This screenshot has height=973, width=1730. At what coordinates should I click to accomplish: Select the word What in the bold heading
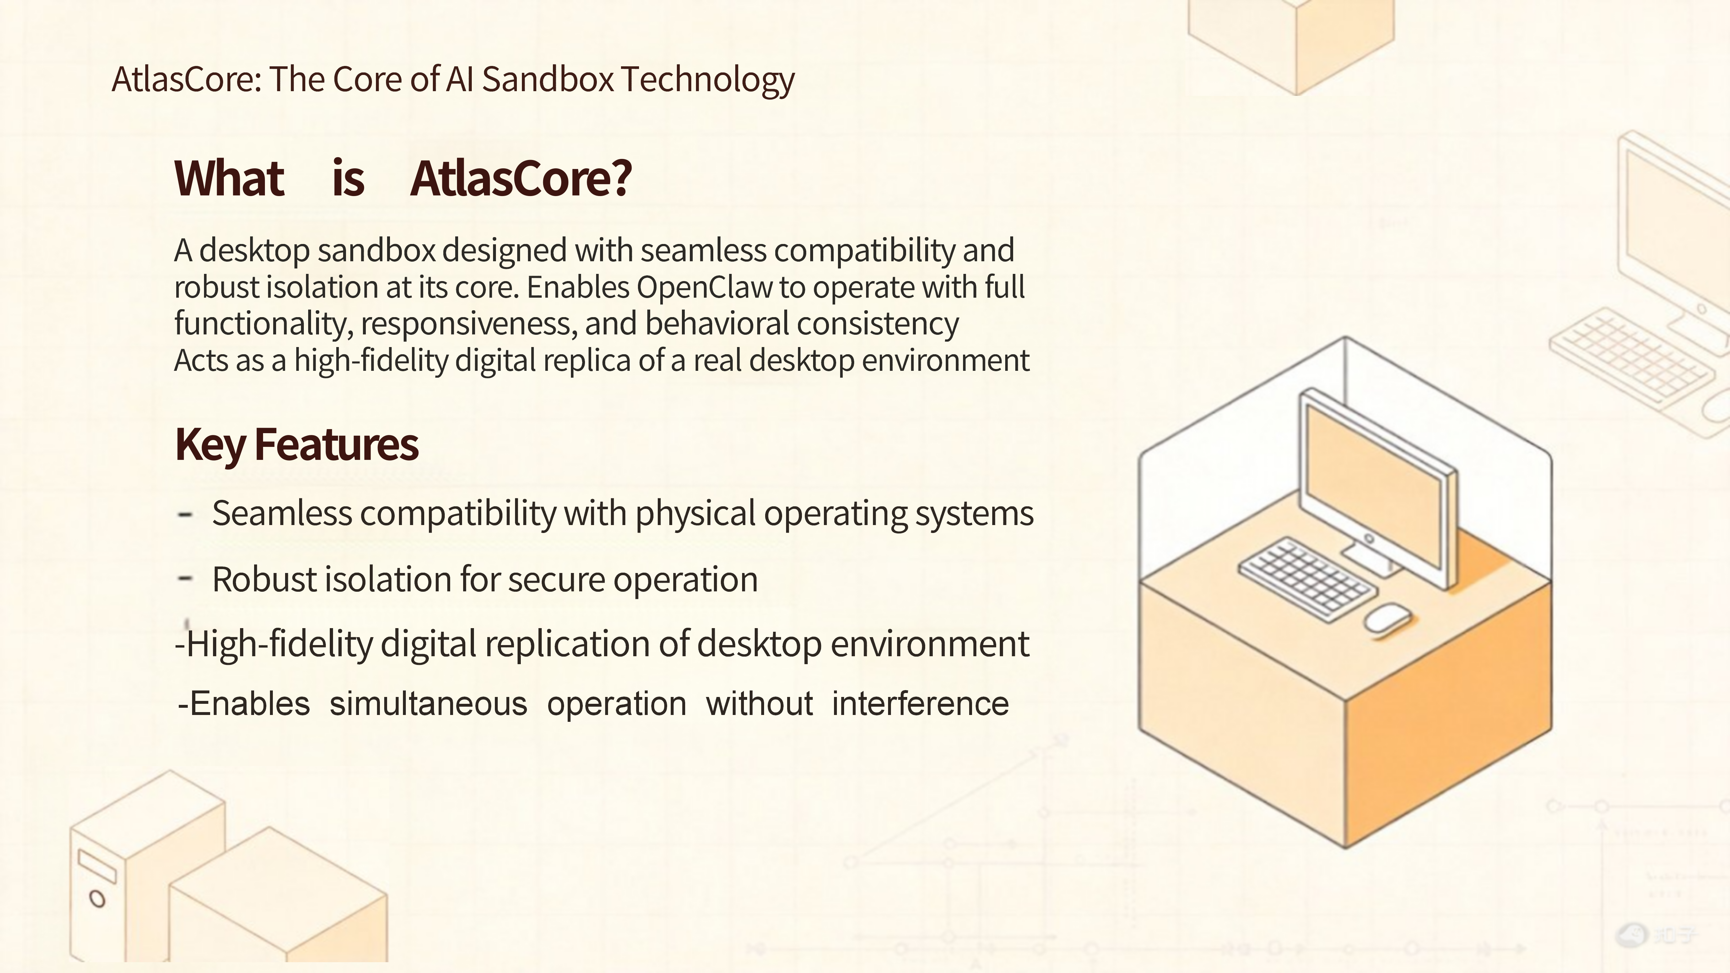pyautogui.click(x=229, y=179)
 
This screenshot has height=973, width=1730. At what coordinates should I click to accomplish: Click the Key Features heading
pyautogui.click(x=296, y=445)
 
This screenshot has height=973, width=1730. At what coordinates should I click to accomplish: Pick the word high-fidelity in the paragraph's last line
pyautogui.click(x=371, y=361)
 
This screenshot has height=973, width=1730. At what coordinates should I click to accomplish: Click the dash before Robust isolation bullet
pyautogui.click(x=185, y=577)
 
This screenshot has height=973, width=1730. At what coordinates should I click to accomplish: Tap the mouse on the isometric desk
pyautogui.click(x=1386, y=617)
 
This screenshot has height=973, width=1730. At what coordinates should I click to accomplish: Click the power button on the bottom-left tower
pyautogui.click(x=97, y=898)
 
